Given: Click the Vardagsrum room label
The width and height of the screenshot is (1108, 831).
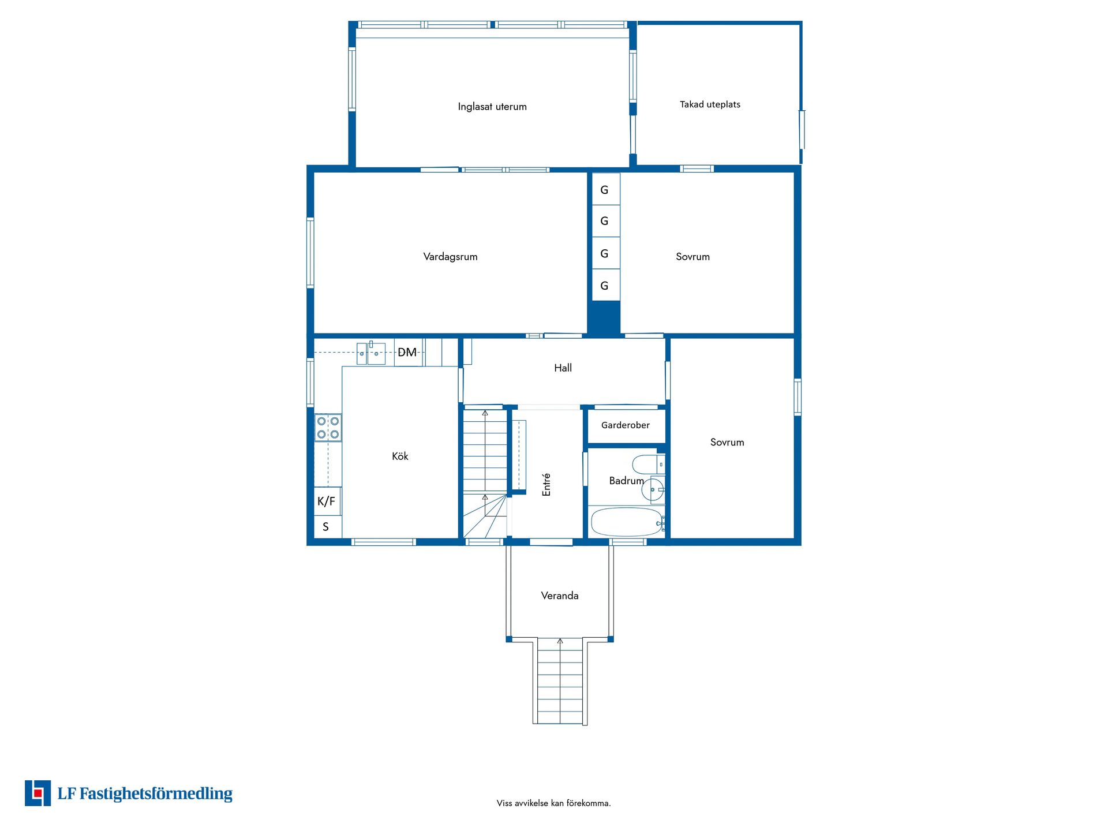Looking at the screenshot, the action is pos(450,257).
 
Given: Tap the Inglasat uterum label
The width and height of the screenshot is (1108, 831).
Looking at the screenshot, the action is pos(492,107).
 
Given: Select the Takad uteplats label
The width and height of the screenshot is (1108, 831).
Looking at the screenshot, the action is pos(710,104).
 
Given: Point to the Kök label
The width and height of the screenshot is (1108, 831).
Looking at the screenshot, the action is pos(400,456).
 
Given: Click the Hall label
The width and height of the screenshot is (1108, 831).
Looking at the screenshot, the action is pos(563,368).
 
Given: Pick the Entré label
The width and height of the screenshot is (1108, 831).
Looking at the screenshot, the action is pos(546,485).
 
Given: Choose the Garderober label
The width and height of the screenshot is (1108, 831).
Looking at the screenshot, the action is pos(626,425).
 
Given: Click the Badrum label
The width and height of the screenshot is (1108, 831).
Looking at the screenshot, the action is pos(627,481).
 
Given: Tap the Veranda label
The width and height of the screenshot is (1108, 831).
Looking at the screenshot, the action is pos(560,596).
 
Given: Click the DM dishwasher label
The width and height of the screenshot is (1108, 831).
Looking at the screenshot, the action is pos(407,352).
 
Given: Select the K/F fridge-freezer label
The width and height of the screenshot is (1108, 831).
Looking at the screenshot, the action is pos(326,501).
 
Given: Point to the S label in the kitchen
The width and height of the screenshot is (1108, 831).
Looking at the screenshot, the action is pos(325,527).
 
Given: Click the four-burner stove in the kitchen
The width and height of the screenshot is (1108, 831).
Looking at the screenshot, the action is pos(328,428).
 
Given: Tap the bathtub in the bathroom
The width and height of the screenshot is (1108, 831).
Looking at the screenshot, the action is pos(627,522).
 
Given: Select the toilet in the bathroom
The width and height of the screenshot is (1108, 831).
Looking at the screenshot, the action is pos(649,465).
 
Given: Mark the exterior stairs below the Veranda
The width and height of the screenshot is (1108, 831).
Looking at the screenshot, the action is pos(560,681).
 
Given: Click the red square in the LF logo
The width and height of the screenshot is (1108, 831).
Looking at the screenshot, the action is pos(38,793).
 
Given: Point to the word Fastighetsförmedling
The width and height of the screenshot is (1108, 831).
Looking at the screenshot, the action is pos(156,794).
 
